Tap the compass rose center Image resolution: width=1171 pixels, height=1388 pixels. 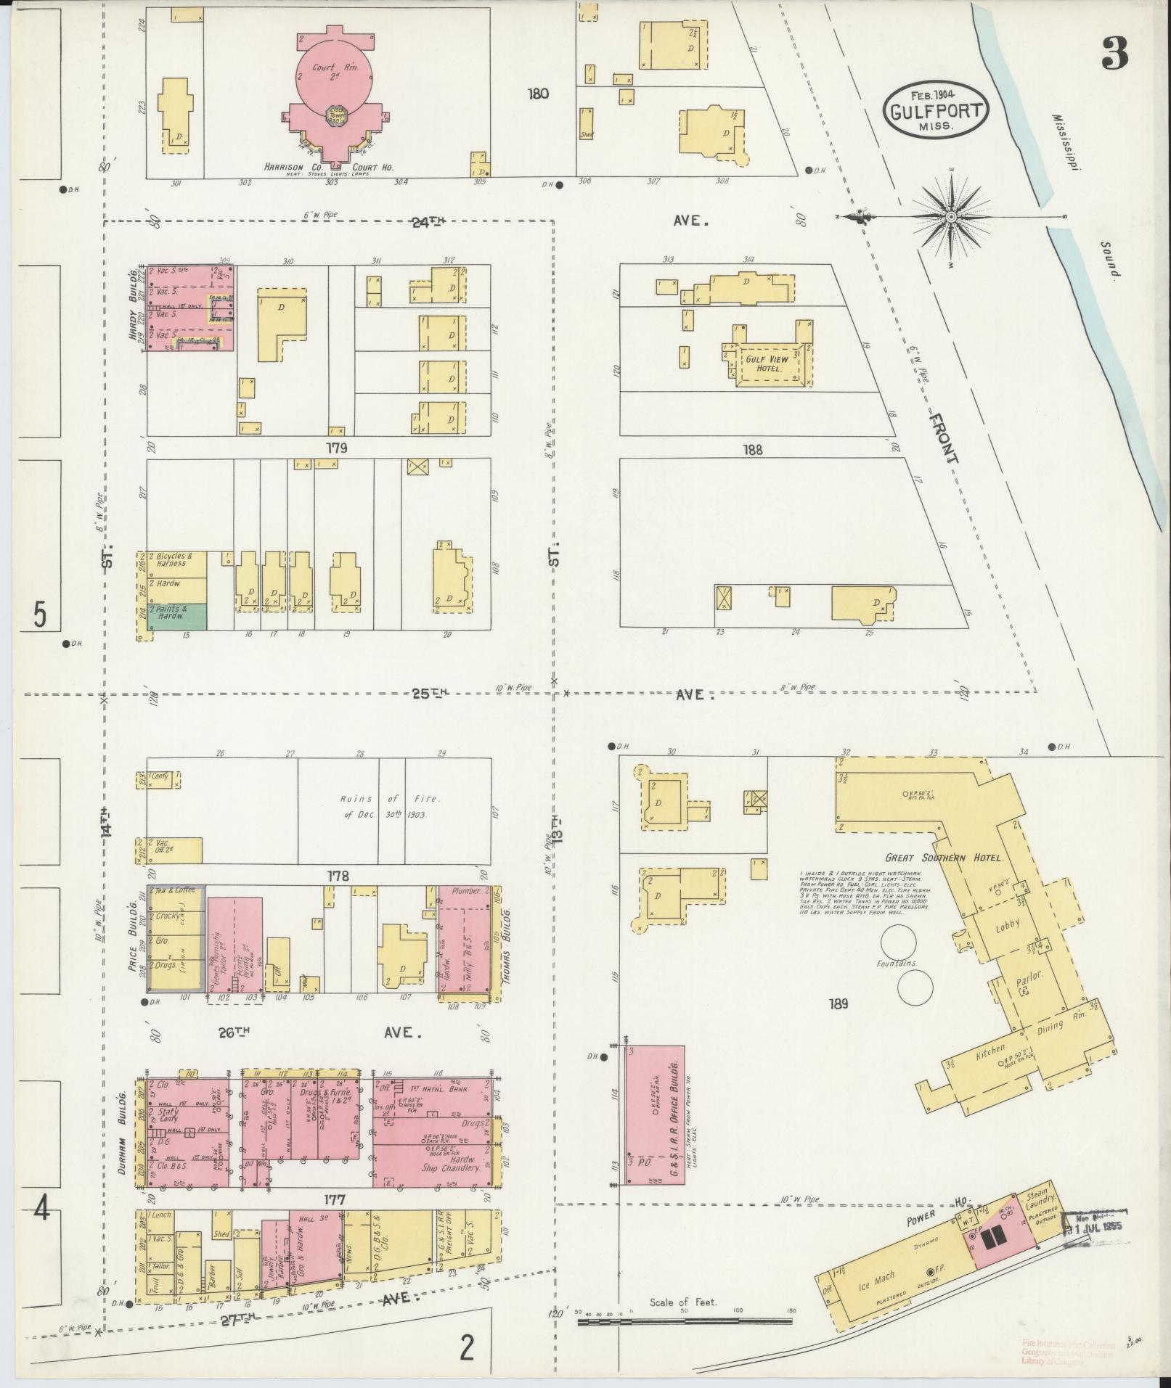point(950,217)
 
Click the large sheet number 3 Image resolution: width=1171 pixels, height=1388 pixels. point(1117,52)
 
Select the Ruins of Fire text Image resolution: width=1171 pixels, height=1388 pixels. point(392,806)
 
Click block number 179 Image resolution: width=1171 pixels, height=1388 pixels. point(337,448)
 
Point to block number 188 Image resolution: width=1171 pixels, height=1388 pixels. point(753,450)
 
